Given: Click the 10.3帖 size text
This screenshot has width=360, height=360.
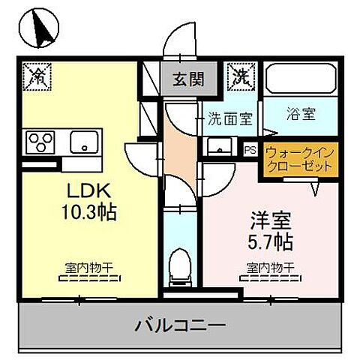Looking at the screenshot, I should point(87,212).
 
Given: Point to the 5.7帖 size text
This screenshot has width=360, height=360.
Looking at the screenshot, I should point(268,241).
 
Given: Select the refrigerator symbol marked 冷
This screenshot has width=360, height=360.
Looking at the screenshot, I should point(35,74).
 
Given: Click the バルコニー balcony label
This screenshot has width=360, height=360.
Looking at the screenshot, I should point(180,325).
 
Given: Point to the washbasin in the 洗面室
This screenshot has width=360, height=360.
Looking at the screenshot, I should point(217,144).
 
